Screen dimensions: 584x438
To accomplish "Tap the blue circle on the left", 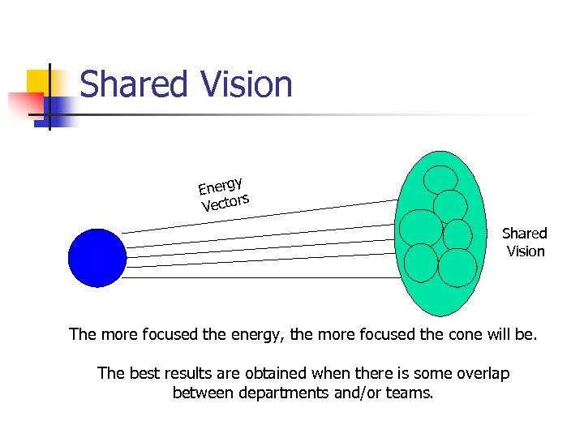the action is point(97,257).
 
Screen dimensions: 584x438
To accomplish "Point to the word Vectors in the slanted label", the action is point(225,201).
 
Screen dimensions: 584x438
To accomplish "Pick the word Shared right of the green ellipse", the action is point(525,234).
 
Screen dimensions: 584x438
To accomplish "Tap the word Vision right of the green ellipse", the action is point(526,251).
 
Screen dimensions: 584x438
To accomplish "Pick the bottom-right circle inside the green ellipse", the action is point(457,268).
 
